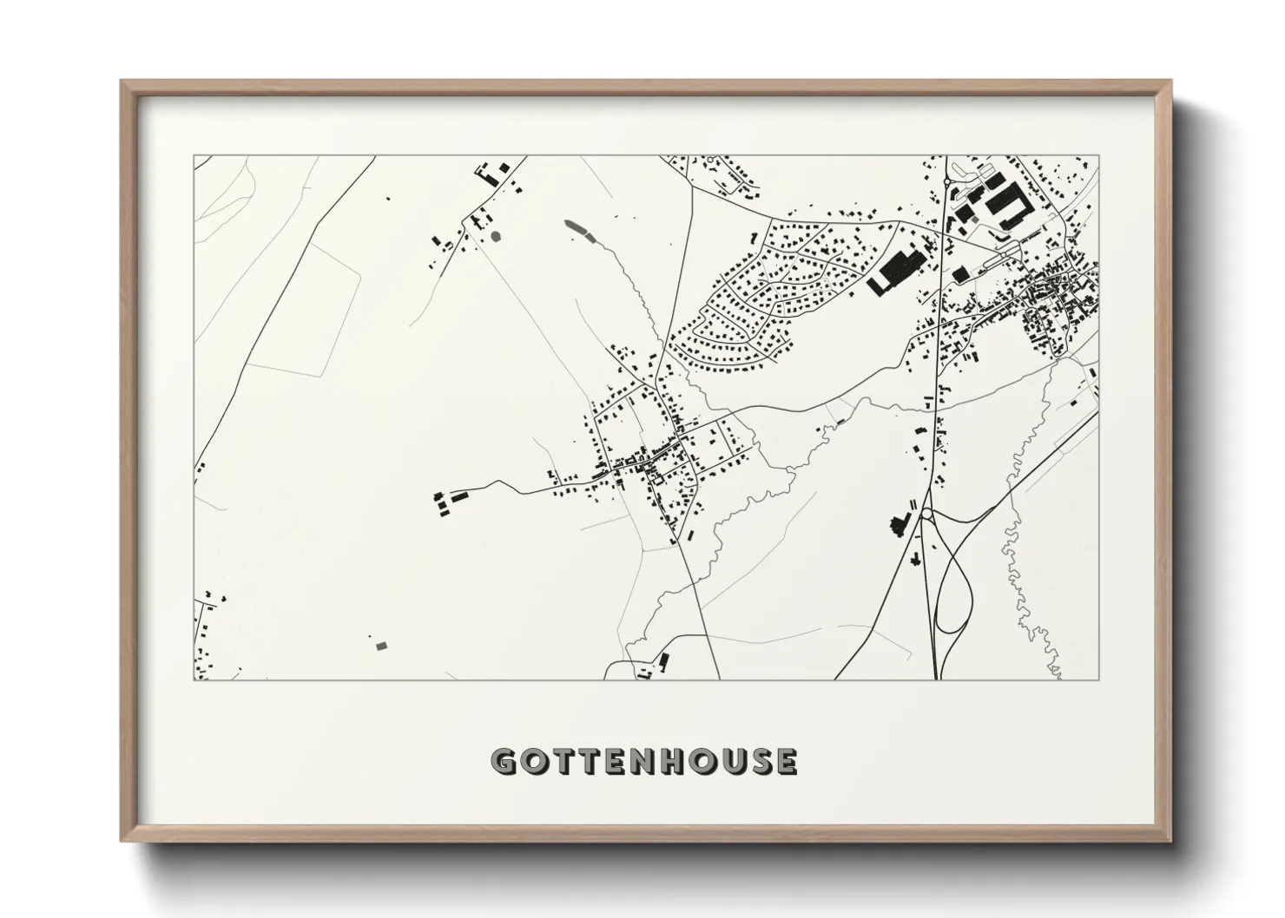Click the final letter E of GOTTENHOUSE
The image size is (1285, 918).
784,761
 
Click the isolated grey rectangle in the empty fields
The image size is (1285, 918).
380,645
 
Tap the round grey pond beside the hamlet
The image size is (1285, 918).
496,234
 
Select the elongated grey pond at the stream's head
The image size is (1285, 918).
576,229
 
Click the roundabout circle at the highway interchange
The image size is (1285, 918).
926,514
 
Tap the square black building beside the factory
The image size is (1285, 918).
959,274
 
